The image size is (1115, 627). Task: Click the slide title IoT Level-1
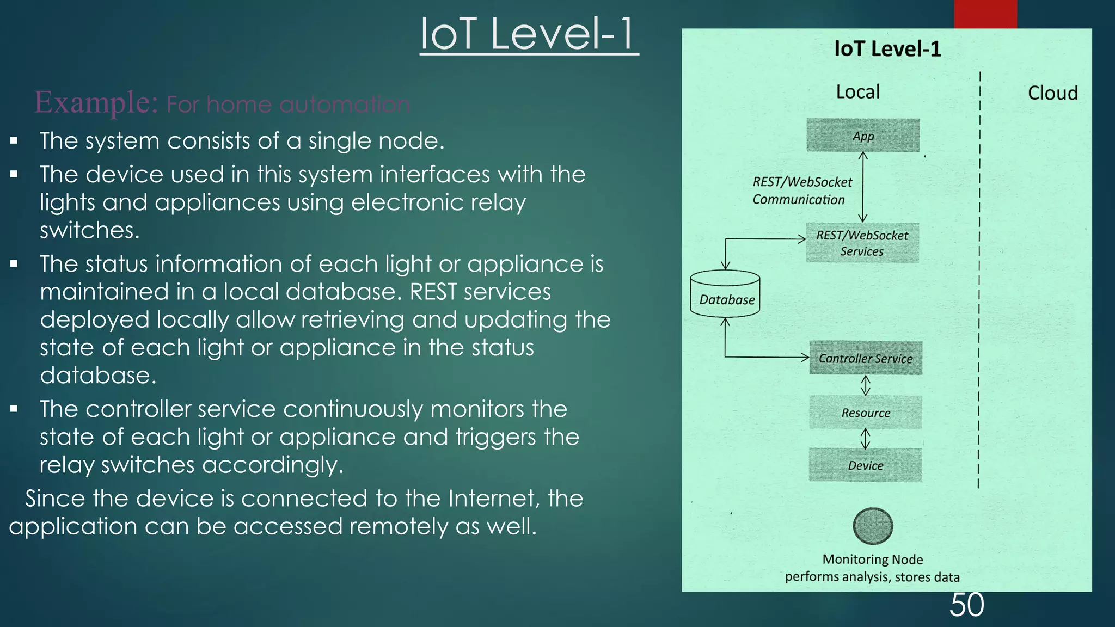click(529, 34)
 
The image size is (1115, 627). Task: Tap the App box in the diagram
click(863, 136)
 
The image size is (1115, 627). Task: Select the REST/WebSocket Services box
click(862, 243)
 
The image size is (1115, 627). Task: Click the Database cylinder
click(725, 294)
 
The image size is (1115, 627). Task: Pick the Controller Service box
click(866, 358)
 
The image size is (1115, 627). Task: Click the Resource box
click(866, 413)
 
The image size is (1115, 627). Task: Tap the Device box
click(865, 465)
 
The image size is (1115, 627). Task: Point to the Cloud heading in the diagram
click(1052, 93)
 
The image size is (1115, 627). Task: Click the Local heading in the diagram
click(857, 91)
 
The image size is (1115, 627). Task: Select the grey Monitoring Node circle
click(873, 526)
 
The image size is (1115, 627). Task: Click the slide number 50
click(966, 605)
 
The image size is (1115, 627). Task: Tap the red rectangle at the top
click(985, 14)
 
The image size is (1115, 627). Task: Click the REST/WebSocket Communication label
click(801, 190)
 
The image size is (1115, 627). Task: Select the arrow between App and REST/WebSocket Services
click(863, 187)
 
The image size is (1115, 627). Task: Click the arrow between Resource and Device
click(865, 439)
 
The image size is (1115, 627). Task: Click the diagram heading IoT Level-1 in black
click(887, 49)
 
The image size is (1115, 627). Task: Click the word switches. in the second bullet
click(90, 230)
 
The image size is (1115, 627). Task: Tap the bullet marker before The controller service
click(14, 409)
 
